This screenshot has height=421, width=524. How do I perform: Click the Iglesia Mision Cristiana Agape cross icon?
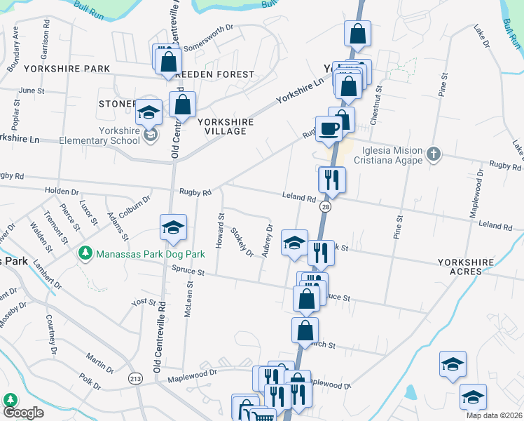coord(434,154)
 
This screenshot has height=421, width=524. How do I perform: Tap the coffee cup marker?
coord(329,128)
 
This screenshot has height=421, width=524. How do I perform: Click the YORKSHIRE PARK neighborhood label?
coord(67,69)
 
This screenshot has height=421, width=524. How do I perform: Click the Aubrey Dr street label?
coord(267,241)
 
